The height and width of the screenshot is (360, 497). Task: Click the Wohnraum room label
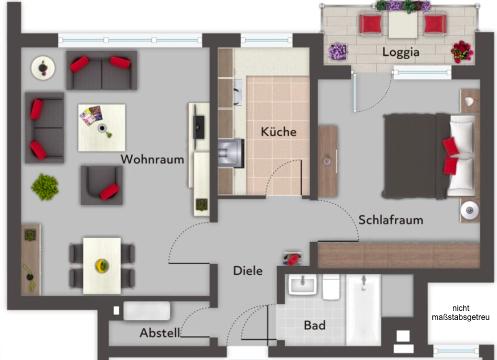coord(152,159)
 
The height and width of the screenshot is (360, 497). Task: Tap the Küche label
coord(279,132)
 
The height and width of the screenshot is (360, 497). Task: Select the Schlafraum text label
coord(391,220)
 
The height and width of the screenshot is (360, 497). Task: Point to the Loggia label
coord(401,52)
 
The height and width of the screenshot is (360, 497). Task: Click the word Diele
coord(248,271)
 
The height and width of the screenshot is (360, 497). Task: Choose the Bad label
coord(315,325)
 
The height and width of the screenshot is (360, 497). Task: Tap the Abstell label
coord(160,333)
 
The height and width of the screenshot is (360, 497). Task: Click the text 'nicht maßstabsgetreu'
coord(460,313)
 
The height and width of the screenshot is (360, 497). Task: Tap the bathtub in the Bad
coord(363,308)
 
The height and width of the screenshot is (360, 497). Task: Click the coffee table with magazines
coord(102,127)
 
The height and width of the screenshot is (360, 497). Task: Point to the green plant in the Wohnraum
coord(45,187)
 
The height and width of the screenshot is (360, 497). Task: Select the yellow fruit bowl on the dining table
coord(102,265)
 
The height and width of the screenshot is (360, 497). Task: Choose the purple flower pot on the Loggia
coord(338,51)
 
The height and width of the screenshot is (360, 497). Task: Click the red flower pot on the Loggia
coord(461,51)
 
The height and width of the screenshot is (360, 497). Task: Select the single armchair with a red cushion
coord(102,185)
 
